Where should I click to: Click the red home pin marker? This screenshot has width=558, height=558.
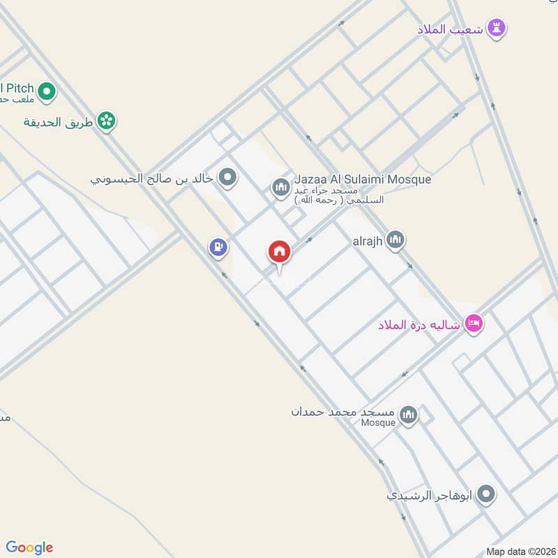click(280, 252)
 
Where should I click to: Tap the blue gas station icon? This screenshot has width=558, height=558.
click(218, 247)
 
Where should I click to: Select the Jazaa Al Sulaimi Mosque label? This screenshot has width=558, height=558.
click(362, 179)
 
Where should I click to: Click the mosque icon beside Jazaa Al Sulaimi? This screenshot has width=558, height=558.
click(280, 188)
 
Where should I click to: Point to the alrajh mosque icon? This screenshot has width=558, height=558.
click(395, 241)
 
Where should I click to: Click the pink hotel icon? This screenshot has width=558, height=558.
click(474, 324)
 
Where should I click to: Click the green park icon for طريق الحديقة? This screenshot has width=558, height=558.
click(107, 121)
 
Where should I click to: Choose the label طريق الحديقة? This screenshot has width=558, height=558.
click(60, 122)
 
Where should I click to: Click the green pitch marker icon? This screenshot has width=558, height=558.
click(47, 91)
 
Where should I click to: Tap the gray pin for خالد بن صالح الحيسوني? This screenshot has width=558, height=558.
click(227, 178)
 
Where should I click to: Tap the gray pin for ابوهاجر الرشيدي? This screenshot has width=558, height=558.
click(486, 495)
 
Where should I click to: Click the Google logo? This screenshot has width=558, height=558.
click(29, 548)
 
